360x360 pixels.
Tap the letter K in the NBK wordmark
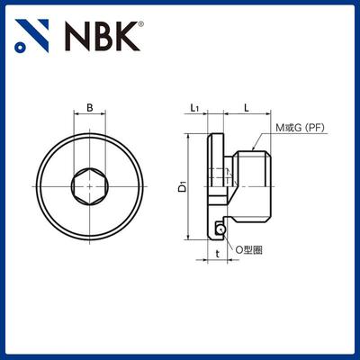coord(127,37)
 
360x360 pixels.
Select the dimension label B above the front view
coord(88,108)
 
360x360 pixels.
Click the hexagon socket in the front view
coord(88,187)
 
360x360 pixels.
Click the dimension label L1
coord(196,108)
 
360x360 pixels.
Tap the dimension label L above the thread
coord(246,108)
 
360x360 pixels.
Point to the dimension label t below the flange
coord(217,255)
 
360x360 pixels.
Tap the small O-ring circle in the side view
coord(220,230)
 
